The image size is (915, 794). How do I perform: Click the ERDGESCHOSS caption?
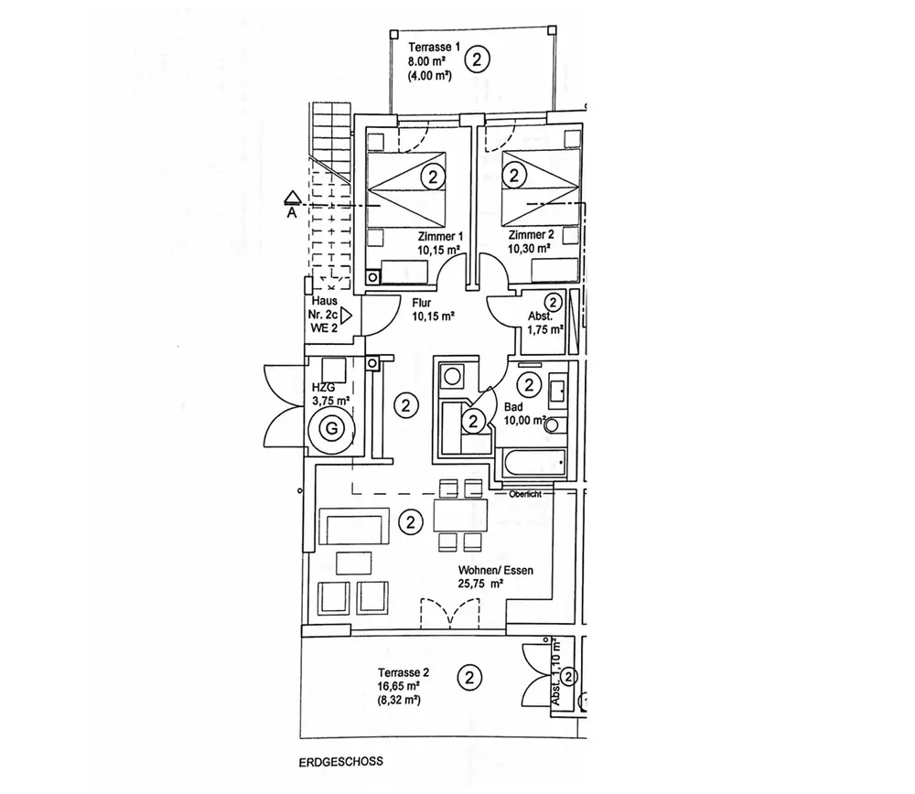coord(339,761)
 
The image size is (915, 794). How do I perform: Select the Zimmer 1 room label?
coord(440,236)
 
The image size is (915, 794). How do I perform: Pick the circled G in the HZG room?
coord(333,427)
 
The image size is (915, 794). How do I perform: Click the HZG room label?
coord(323,387)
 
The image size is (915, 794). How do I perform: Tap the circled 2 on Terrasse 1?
coord(478,60)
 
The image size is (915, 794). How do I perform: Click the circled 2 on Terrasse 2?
coord(468,678)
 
